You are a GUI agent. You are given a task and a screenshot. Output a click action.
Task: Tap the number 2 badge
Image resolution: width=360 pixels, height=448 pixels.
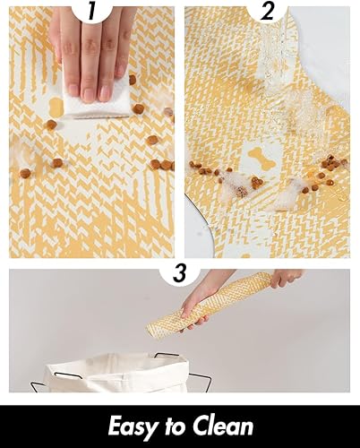tap(268, 11)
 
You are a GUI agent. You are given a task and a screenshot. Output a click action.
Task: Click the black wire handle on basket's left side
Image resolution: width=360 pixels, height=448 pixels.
tap(36, 381)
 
